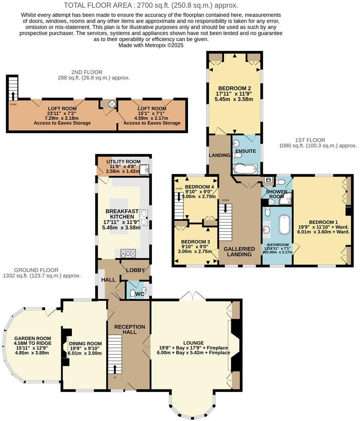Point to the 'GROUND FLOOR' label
click(36, 270)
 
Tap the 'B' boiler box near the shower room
click(268, 180)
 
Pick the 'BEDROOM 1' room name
click(323, 222)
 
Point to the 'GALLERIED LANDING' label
click(239, 252)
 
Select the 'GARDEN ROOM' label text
click(33, 337)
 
